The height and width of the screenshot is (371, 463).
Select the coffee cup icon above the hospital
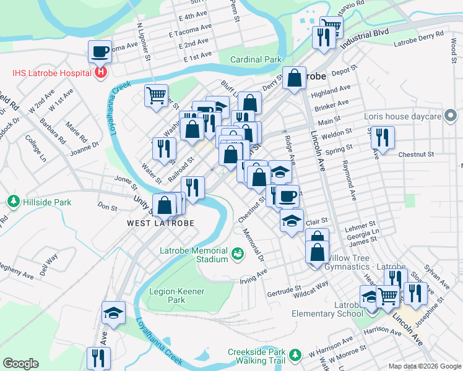[x=100, y=52]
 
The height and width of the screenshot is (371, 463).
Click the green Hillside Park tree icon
[x=13, y=202]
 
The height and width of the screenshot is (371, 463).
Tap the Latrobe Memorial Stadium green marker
[x=237, y=254]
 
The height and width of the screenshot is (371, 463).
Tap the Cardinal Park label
[x=256, y=60]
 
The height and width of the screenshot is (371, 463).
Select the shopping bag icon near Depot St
[x=295, y=78]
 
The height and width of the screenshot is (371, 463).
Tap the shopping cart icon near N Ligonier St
[x=156, y=95]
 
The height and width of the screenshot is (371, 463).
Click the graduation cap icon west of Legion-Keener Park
[x=114, y=313]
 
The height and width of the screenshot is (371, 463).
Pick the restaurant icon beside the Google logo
[x=98, y=358]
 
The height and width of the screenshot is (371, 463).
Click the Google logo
[x=20, y=364]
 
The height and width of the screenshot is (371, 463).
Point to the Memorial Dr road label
[x=254, y=245]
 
